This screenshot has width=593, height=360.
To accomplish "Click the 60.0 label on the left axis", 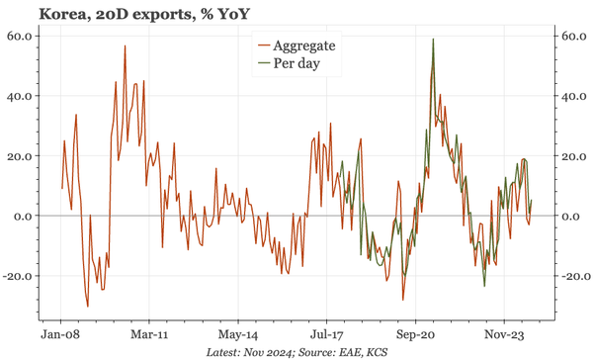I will click(x=23, y=37).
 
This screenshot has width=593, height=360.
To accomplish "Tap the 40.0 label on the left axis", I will click(x=23, y=97).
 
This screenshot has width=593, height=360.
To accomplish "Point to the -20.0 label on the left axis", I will click(x=21, y=276).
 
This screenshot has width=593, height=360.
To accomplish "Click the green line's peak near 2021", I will click(x=434, y=40).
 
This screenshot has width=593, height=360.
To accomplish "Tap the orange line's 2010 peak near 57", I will click(x=125, y=45).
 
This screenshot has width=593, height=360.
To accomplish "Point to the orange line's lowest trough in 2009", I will click(x=87, y=307).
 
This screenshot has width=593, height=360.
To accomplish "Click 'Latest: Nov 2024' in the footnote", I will click(x=257, y=352).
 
